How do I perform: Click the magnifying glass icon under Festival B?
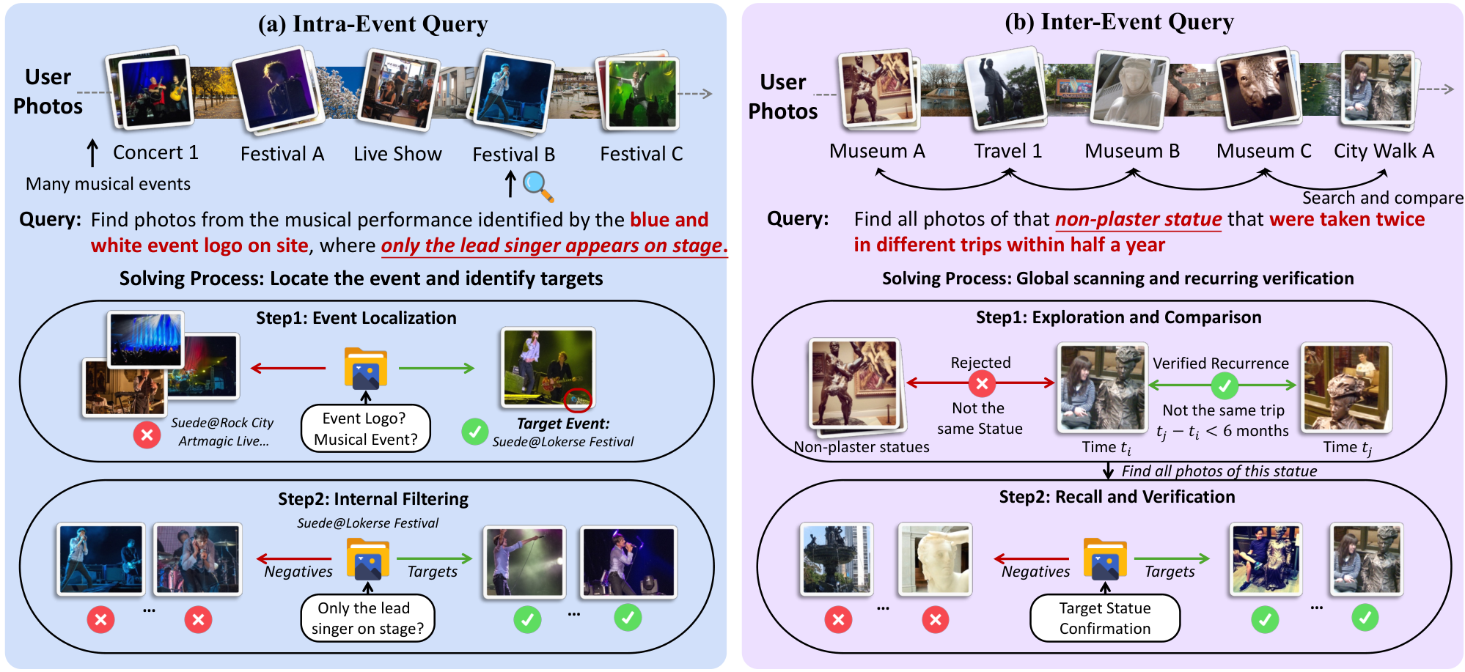click(538, 186)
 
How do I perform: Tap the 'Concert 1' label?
click(155, 152)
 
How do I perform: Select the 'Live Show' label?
click(397, 154)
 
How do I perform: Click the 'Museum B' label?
click(1132, 151)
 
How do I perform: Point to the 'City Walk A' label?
click(1384, 151)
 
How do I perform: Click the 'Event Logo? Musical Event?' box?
click(365, 429)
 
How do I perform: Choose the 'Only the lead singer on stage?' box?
click(367, 618)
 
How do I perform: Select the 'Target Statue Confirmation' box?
click(1105, 618)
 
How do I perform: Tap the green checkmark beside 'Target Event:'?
click(475, 432)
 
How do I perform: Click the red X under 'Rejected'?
click(982, 383)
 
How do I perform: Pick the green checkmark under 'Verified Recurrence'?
click(1224, 385)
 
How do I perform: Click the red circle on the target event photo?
click(578, 400)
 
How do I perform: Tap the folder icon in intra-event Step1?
click(366, 369)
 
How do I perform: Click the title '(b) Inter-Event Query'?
click(1119, 22)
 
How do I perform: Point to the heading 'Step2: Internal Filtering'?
click(373, 499)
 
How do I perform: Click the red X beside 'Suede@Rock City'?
click(147, 435)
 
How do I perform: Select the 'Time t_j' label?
click(1348, 448)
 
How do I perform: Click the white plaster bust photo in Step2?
click(935, 558)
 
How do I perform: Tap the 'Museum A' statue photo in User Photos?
click(878, 88)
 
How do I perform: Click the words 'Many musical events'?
click(108, 184)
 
